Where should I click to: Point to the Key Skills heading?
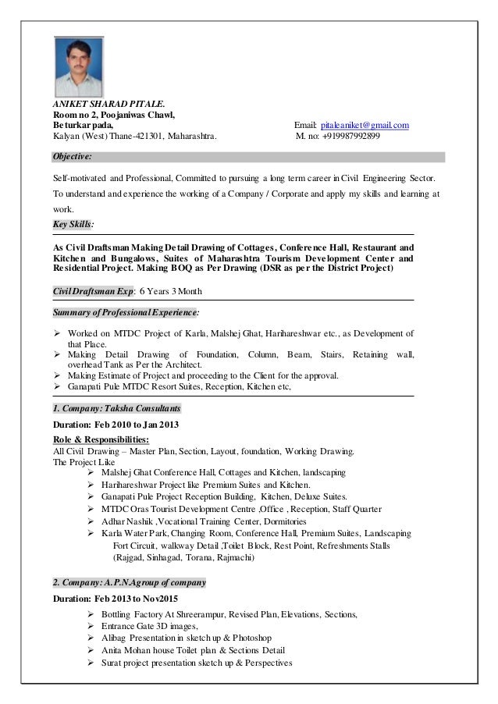pos(73,224)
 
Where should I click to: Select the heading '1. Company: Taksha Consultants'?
pos(116,408)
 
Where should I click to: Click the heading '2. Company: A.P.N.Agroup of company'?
pos(128,582)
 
